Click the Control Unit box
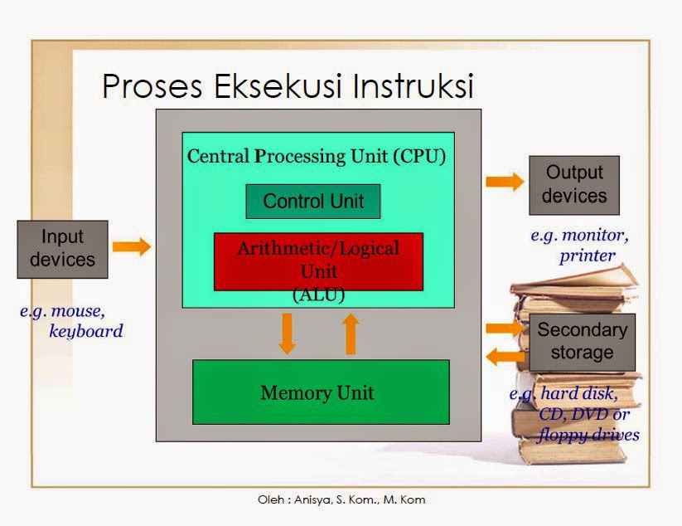[x=313, y=202]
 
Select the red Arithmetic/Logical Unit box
[x=318, y=261]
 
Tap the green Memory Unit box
[x=321, y=392]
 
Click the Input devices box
[x=62, y=249]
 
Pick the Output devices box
[x=574, y=185]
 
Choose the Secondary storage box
[x=582, y=341]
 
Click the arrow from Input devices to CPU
[x=132, y=246]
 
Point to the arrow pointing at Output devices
[x=504, y=182]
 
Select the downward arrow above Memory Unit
[x=287, y=333]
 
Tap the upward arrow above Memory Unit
[x=351, y=333]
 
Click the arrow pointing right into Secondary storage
[x=505, y=328]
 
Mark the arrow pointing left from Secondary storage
[x=505, y=357]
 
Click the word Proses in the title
[x=148, y=87]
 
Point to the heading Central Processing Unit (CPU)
[x=317, y=156]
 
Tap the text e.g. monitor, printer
[x=579, y=246]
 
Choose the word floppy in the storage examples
[x=563, y=435]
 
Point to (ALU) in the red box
[x=318, y=293]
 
